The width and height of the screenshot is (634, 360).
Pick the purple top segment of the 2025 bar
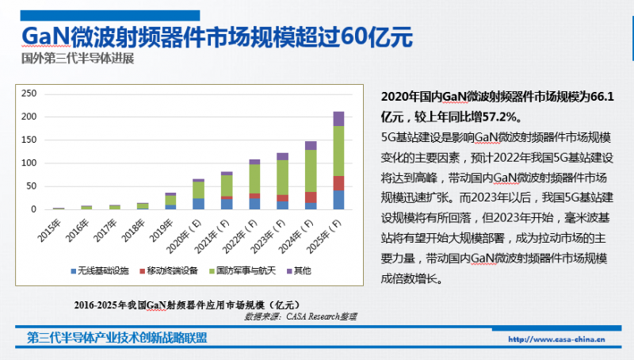(338, 119)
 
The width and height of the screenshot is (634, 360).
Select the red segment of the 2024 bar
(311, 197)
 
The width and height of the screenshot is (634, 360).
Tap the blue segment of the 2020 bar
(198, 204)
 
